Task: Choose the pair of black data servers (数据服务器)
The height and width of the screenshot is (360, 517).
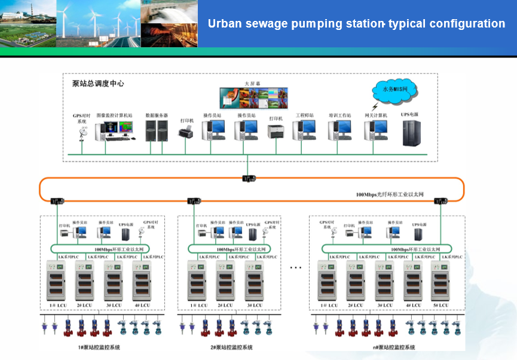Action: click(155, 130)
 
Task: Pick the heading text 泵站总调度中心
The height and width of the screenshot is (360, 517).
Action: click(94, 84)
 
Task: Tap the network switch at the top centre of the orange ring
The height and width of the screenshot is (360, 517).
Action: click(248, 178)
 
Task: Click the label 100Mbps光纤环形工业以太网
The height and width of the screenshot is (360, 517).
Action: click(389, 194)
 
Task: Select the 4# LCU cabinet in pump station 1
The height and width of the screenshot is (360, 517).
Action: click(142, 280)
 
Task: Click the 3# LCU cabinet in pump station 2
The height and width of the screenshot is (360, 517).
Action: click(254, 280)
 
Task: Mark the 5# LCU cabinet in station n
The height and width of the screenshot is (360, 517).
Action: click(443, 280)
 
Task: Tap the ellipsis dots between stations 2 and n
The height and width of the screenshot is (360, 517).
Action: click(295, 267)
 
